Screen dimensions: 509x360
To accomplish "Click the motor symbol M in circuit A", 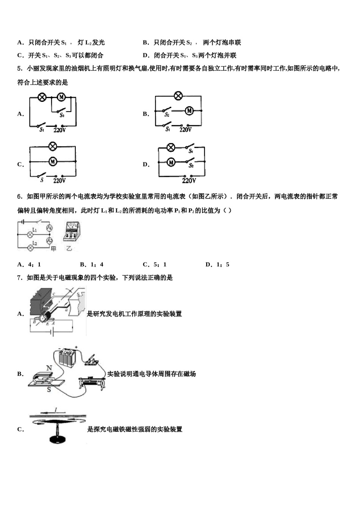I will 61,97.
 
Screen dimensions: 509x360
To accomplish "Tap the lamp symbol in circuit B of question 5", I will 178,96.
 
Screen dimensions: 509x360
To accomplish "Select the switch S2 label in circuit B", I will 167,115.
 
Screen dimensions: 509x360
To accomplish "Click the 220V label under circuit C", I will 59,181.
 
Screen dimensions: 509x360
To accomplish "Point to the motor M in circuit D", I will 171,162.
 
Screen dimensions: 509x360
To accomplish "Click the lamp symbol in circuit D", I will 171,147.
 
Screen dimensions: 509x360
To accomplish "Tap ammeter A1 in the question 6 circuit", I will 49,228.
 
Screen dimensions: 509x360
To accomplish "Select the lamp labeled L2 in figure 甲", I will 31,247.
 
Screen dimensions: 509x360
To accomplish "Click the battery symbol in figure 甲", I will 23,222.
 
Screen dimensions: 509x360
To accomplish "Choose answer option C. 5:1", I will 154,265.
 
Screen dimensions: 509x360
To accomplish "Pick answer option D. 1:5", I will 217,265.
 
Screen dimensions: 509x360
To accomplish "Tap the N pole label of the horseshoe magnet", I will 49,368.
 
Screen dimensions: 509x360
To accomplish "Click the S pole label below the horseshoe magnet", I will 49,389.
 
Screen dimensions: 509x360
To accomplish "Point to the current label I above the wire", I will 56,410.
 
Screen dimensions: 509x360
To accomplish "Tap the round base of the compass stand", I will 58,440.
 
